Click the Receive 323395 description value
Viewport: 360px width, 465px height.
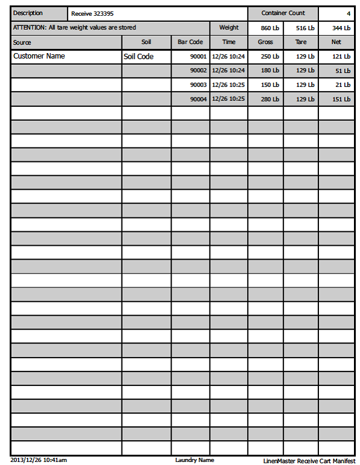point(92,13)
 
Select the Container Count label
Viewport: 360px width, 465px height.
point(283,13)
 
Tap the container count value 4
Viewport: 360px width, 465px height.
point(349,13)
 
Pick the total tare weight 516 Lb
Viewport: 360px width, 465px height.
point(305,28)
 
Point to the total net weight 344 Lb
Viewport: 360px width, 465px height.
point(341,28)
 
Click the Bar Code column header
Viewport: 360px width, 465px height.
point(190,42)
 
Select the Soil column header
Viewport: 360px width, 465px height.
point(146,42)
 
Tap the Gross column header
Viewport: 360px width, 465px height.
point(265,42)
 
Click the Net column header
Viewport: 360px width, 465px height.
point(336,42)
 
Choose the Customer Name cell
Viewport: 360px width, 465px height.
point(39,56)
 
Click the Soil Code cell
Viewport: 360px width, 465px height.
point(138,57)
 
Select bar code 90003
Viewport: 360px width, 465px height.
point(198,85)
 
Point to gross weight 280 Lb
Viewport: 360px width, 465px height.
point(270,99)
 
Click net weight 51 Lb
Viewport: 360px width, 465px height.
point(342,71)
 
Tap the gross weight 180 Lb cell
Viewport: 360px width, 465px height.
point(270,71)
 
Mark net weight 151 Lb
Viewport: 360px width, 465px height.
point(341,99)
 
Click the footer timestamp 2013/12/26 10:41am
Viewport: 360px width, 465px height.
point(39,460)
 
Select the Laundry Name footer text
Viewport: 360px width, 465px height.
point(194,460)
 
